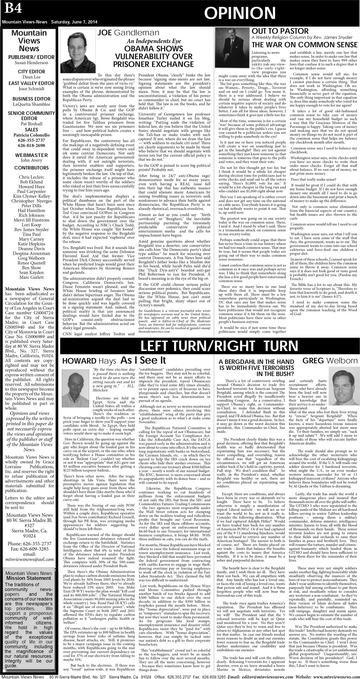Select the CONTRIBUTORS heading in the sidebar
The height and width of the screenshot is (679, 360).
tap(29, 168)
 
